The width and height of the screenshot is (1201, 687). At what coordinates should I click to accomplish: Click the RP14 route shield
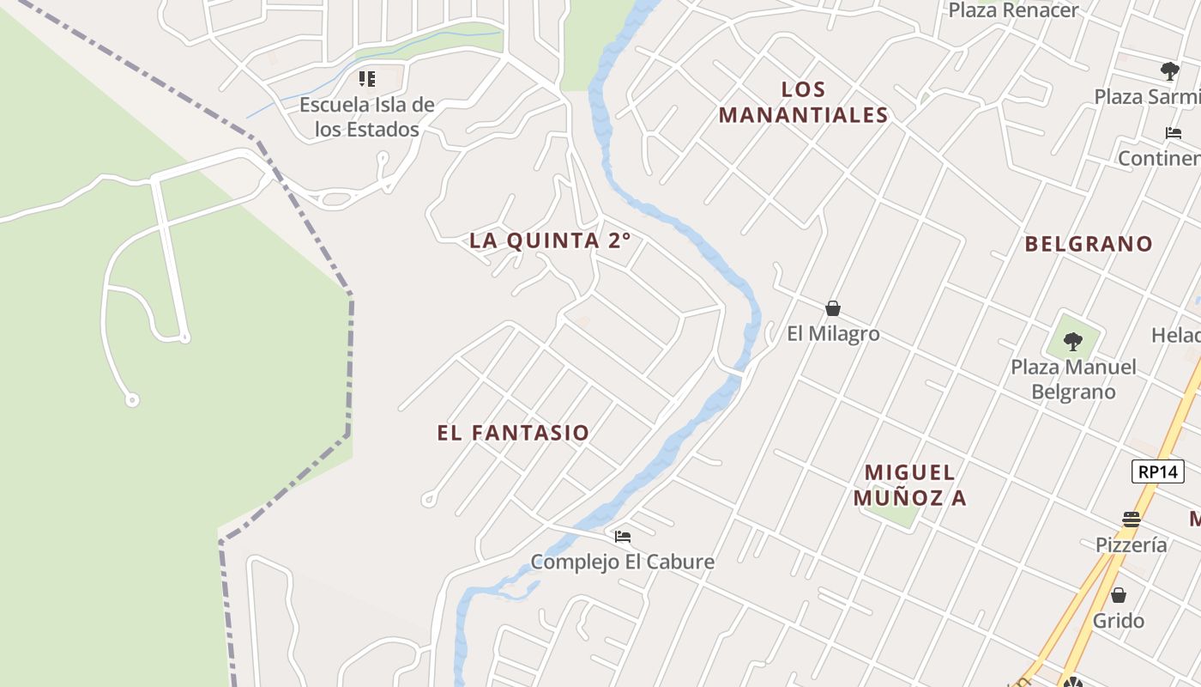pyautogui.click(x=1157, y=471)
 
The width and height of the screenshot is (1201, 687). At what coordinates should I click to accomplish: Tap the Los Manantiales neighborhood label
pyautogui.click(x=803, y=102)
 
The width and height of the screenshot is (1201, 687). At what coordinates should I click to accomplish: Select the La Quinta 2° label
pyautogui.click(x=550, y=240)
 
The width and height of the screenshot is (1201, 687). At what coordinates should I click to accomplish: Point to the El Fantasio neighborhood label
pyautogui.click(x=513, y=433)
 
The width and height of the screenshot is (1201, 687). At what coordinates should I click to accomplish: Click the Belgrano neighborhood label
pyautogui.click(x=1089, y=244)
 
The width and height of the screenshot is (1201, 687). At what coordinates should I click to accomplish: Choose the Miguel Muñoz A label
pyautogui.click(x=909, y=485)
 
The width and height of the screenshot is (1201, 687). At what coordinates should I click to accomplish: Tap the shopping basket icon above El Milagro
pyautogui.click(x=832, y=308)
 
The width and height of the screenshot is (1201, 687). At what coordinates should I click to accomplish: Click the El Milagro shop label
pyautogui.click(x=833, y=333)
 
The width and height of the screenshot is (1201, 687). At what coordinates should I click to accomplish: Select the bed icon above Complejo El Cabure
pyautogui.click(x=623, y=537)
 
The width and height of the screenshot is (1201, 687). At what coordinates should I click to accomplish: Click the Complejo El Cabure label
pyautogui.click(x=622, y=562)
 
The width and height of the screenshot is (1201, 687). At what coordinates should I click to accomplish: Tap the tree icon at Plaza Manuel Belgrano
pyautogui.click(x=1072, y=342)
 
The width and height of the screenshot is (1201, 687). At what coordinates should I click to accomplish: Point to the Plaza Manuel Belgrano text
pyautogui.click(x=1073, y=380)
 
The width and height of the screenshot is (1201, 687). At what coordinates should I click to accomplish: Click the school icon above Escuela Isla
pyautogui.click(x=367, y=80)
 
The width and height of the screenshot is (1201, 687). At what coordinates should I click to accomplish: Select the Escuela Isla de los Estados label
pyautogui.click(x=367, y=118)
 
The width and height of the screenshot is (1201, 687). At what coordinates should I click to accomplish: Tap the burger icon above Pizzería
pyautogui.click(x=1131, y=520)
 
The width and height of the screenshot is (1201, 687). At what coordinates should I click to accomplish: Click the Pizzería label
pyautogui.click(x=1131, y=544)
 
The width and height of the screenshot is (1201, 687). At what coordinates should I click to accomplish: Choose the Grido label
pyautogui.click(x=1118, y=620)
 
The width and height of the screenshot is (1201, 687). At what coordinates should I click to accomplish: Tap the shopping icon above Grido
pyautogui.click(x=1118, y=595)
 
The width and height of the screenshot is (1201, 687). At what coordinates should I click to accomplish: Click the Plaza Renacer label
pyautogui.click(x=1013, y=10)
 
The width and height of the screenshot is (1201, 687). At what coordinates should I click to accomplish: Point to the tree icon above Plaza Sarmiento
pyautogui.click(x=1169, y=70)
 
